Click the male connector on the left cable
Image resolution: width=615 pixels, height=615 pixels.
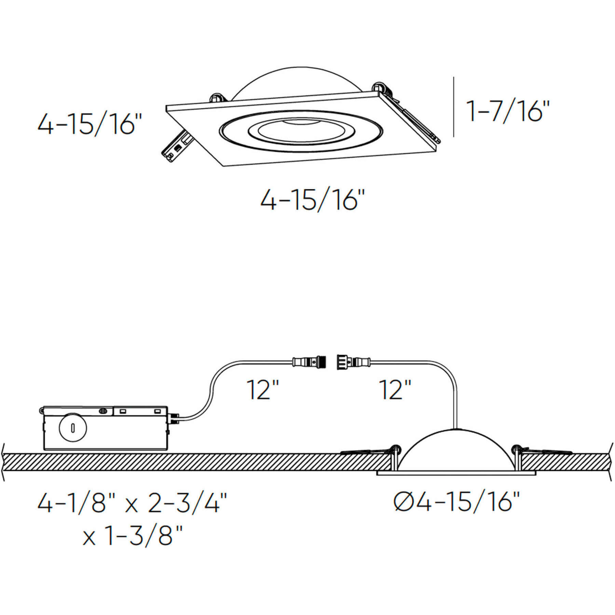pos(309,361)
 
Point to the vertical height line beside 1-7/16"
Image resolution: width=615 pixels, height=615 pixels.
pos(454,107)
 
